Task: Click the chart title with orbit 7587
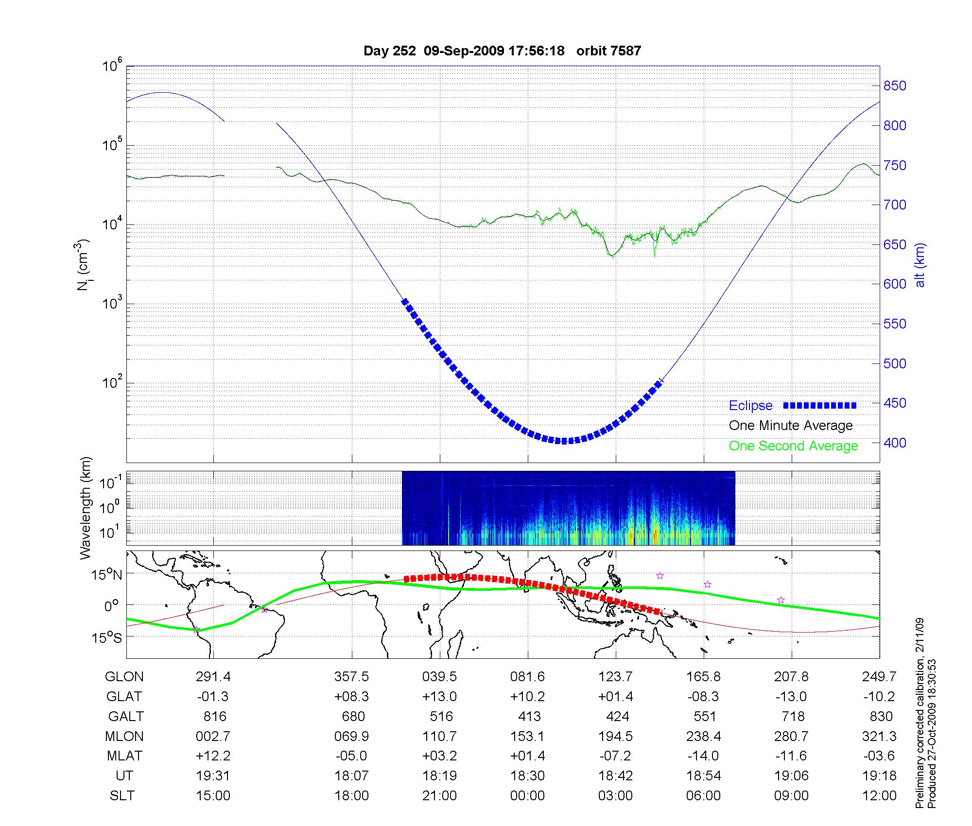coord(502,51)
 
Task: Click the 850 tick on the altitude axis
coord(895,86)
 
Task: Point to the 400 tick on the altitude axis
coord(895,443)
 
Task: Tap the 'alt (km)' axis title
coord(920,265)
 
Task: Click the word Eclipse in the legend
coord(750,406)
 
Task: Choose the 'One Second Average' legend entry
coord(793,446)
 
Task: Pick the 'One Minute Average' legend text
coord(791,426)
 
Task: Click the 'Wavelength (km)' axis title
coord(86,508)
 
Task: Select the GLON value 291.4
coord(213,677)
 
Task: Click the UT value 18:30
coord(527,776)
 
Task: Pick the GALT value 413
coord(529,717)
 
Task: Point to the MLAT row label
coord(124,756)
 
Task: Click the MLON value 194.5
coord(615,737)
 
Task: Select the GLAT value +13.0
coord(440,697)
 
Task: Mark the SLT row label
coord(122,796)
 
